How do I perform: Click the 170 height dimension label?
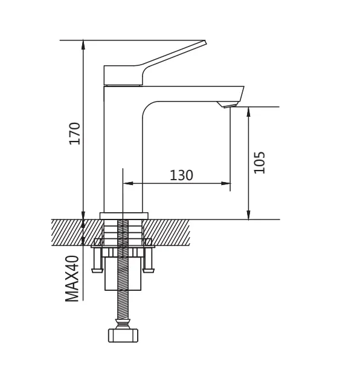click(x=75, y=133)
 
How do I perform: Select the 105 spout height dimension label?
click(x=259, y=163)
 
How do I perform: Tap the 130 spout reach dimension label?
click(x=181, y=175)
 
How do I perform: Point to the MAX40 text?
click(x=72, y=279)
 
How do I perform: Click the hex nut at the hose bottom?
click(x=123, y=336)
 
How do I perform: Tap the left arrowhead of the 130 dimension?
click(x=127, y=184)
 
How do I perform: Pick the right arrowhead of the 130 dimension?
click(x=225, y=184)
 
